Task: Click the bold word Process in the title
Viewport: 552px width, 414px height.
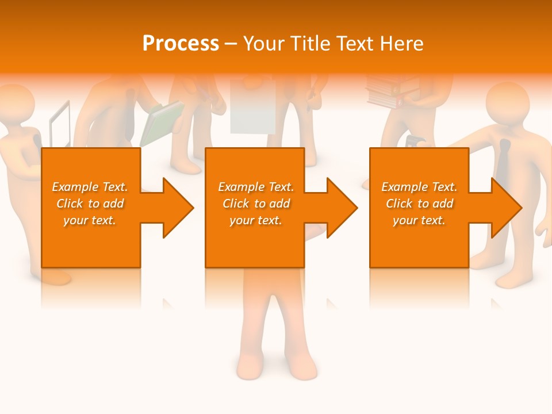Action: [x=181, y=44]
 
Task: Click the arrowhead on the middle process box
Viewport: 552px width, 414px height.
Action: [x=341, y=208]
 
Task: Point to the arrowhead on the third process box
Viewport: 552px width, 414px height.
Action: [x=505, y=208]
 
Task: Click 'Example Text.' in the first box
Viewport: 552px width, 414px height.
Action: [x=90, y=187]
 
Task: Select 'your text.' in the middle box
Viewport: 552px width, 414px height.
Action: [x=255, y=220]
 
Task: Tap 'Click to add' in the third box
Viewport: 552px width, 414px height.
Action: [x=419, y=204]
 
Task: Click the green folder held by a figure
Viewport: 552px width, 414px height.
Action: [x=160, y=123]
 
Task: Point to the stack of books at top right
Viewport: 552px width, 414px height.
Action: [x=386, y=92]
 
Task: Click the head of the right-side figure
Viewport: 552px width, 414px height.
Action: [x=507, y=102]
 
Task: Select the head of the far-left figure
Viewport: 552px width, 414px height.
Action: [x=17, y=104]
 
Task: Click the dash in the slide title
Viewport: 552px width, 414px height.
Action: [x=231, y=44]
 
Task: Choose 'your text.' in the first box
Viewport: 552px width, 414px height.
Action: [x=90, y=220]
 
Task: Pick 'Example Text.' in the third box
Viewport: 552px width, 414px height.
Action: [x=419, y=187]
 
